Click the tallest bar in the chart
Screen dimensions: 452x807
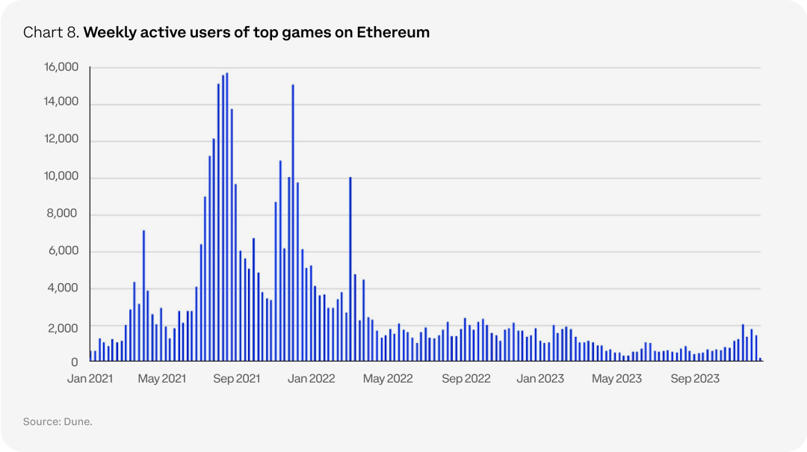coord(227,217)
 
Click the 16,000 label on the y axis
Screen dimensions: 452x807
coord(62,67)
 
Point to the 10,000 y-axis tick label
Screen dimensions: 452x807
coord(62,177)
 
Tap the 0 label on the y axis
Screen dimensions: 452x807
coord(74,362)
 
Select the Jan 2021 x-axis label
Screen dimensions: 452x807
coord(90,379)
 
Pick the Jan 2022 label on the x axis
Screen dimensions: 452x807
coord(312,379)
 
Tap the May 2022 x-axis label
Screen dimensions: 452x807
coord(389,379)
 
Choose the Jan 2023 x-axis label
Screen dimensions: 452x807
coord(540,379)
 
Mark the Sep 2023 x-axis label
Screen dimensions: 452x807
coord(695,379)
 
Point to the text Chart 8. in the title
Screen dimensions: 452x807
coord(51,33)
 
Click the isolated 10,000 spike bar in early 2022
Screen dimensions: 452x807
coord(350,269)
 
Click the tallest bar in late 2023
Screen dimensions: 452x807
coord(743,343)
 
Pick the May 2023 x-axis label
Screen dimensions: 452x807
coord(617,379)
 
